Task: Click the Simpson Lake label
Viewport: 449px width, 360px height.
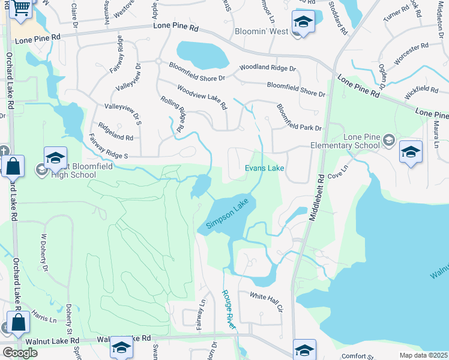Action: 228,215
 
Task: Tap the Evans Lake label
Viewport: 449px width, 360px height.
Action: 264,169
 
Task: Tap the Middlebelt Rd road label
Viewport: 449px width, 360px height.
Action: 317,198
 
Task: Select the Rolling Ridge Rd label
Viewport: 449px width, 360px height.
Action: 172,114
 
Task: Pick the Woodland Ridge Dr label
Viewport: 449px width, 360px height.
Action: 268,68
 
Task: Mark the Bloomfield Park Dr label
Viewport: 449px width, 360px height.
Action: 299,118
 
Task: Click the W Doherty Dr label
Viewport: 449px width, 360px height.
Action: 44,252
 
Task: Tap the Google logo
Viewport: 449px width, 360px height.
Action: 20,352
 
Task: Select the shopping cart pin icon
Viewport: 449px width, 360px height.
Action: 21,9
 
